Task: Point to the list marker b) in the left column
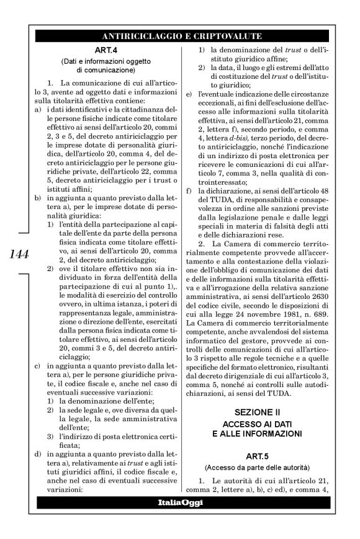coord(38,197)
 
